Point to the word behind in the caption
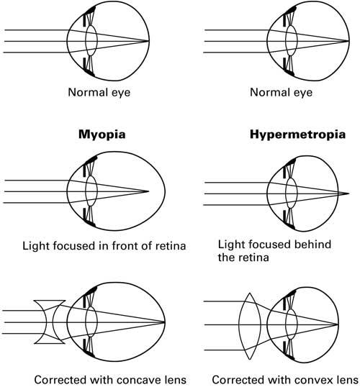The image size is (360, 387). pyautogui.click(x=313, y=245)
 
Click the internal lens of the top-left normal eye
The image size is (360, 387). pyautogui.click(x=91, y=41)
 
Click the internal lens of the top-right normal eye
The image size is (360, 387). pyautogui.click(x=292, y=41)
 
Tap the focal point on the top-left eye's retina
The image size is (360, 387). pyautogui.click(x=149, y=41)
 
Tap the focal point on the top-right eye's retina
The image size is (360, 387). pyautogui.click(x=350, y=41)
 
